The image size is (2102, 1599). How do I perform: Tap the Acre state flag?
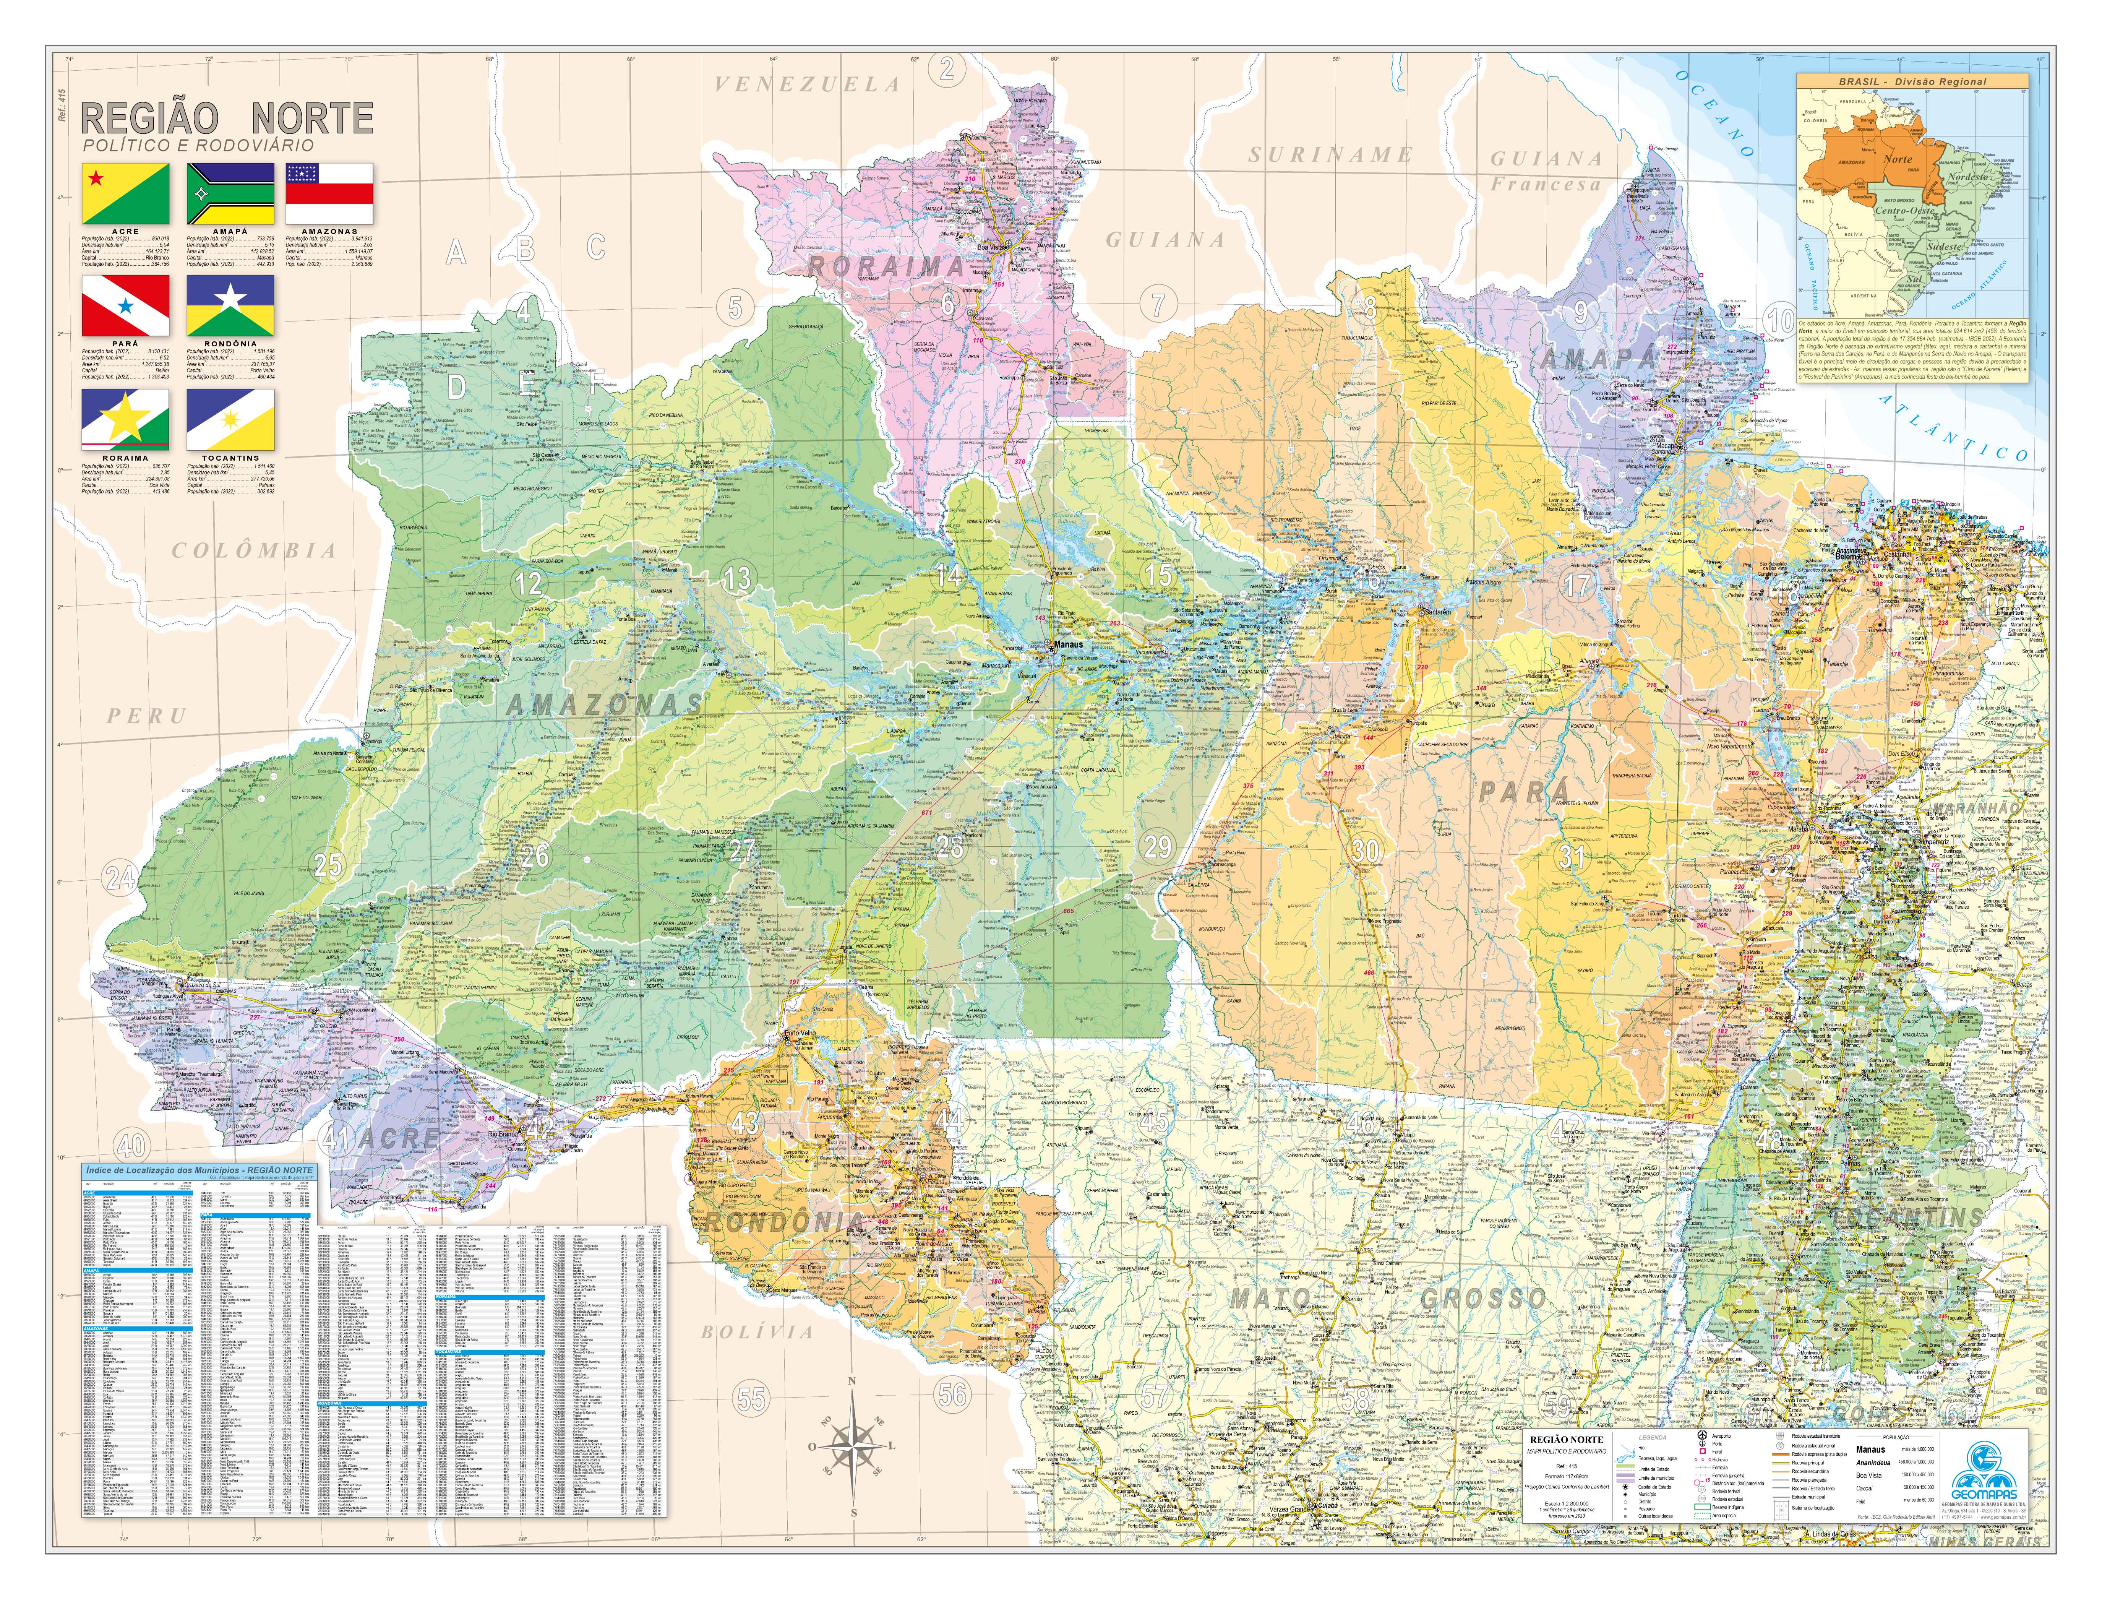point(126,193)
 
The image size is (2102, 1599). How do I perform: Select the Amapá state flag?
point(230,193)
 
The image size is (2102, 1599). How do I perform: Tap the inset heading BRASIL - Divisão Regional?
point(1912,82)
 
